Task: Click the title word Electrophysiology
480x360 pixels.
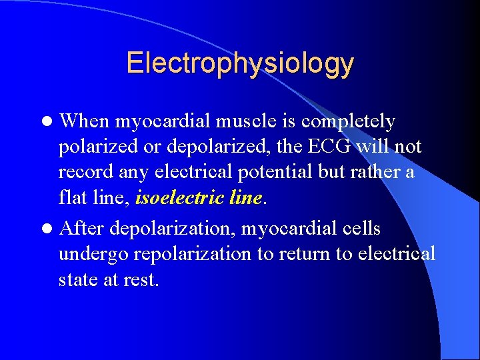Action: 240,63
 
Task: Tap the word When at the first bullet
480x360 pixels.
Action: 85,121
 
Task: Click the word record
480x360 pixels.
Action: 82,172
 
